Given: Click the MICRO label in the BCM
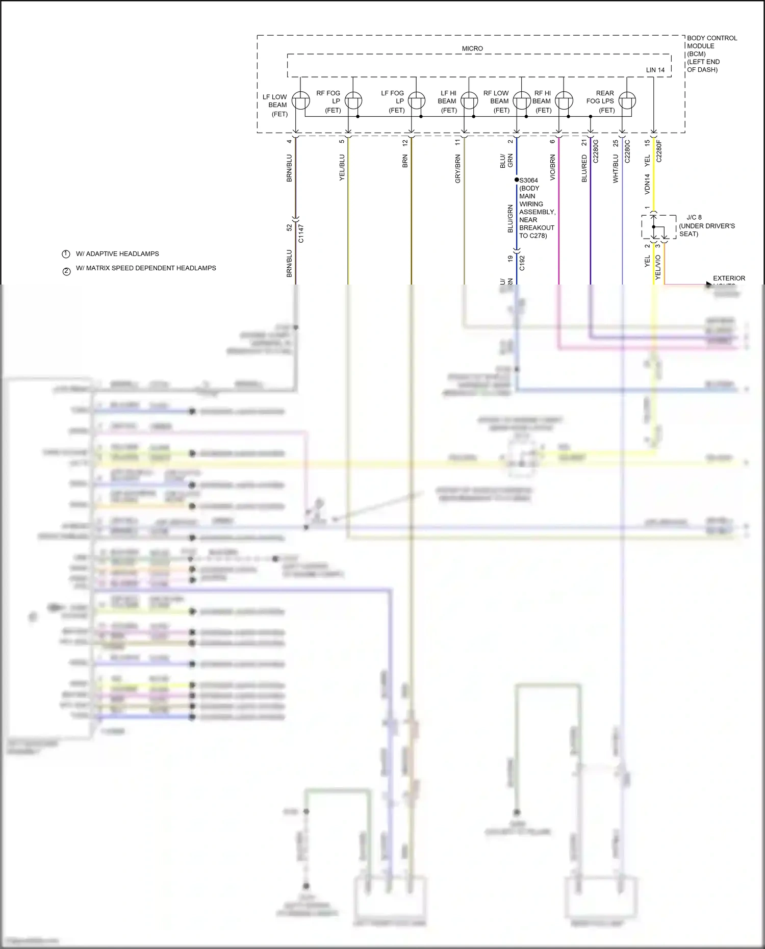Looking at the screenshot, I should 472,48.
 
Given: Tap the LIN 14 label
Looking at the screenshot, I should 655,70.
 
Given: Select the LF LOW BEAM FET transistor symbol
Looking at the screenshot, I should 301,100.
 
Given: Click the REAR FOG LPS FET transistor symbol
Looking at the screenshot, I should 627,100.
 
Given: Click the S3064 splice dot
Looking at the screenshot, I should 517,180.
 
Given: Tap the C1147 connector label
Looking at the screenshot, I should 301,233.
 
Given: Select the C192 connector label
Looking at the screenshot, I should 522,263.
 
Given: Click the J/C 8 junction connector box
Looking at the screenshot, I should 658,227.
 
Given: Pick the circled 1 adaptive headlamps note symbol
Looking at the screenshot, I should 66,254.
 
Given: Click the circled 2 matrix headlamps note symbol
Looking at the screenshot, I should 66,271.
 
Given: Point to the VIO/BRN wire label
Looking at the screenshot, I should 552,168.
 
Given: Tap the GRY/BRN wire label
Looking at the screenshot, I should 457,169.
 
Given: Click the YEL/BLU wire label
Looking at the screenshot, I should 342,167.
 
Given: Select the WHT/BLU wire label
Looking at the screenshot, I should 615,169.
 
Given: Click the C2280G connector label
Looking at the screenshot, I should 595,151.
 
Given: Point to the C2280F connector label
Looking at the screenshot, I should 658,151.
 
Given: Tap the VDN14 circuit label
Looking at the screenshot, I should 647,184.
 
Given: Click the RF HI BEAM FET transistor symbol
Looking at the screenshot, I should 564,100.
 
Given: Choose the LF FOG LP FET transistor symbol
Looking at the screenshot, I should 417,100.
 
